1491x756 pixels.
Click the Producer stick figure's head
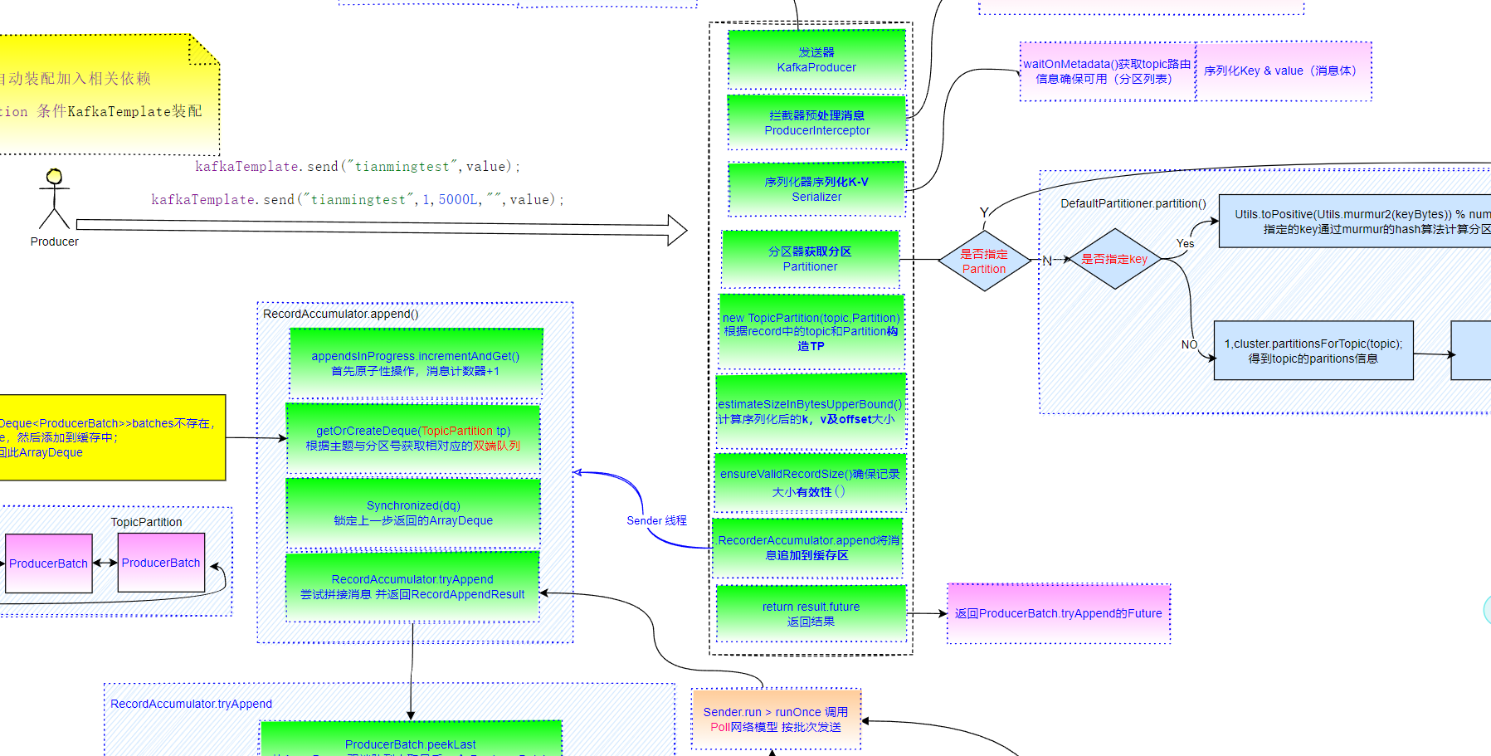(55, 176)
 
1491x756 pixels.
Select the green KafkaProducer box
(816, 60)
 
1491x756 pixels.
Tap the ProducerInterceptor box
(816, 123)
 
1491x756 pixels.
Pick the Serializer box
(816, 189)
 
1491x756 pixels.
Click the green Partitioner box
(810, 259)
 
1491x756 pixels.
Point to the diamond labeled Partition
(984, 261)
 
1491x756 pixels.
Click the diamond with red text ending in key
(1114, 260)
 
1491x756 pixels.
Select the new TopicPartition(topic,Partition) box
(811, 332)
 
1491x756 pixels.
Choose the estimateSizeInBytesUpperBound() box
(810, 412)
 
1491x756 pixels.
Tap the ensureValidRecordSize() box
(810, 482)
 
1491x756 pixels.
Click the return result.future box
(811, 614)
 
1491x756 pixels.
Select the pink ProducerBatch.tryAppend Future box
(1058, 614)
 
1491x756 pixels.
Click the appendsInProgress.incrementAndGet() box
(416, 363)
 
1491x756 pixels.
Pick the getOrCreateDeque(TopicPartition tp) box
(413, 438)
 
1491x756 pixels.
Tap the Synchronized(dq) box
(413, 513)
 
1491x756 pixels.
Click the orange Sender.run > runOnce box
(776, 719)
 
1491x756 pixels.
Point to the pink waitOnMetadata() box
(1107, 71)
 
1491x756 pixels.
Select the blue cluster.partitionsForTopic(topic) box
(1313, 351)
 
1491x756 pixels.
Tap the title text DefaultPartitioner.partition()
(1133, 203)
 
